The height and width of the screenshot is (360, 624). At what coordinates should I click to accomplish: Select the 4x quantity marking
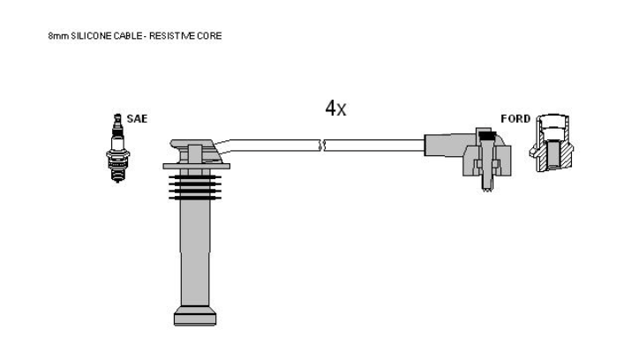335,109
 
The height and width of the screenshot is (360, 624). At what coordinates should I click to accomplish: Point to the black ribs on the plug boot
192,186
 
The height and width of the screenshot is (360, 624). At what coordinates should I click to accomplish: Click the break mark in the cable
322,144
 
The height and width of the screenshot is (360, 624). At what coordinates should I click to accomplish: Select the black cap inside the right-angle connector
485,135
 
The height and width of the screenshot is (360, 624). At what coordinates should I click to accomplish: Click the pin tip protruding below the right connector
485,187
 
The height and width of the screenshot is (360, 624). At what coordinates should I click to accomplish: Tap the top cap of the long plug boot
192,145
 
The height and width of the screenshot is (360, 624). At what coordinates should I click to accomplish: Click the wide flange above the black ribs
197,165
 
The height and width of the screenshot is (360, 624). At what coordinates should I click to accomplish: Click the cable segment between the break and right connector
375,145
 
